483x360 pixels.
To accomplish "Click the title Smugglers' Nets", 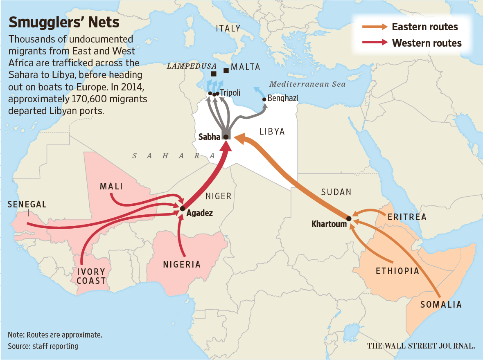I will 64,22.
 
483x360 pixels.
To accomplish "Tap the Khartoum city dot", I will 349,219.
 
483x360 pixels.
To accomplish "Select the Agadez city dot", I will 182,209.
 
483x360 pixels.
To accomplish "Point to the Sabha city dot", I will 226,137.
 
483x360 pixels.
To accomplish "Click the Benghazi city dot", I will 264,99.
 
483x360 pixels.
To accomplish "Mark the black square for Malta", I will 226,70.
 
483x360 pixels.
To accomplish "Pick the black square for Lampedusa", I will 214,74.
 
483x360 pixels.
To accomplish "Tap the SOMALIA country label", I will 441,304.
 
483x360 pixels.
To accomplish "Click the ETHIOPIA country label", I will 397,271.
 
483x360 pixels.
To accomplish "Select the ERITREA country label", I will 406,217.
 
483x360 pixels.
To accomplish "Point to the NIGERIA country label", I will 182,264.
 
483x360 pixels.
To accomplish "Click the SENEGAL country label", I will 27,204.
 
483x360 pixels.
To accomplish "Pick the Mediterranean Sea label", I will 307,84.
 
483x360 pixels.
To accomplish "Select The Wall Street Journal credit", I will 421,346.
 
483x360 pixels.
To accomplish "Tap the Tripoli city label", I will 230,92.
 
